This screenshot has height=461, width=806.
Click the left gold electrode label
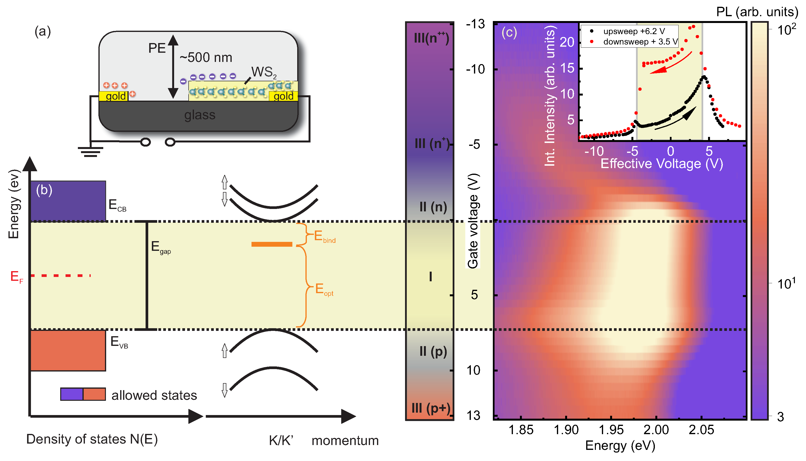click(x=116, y=96)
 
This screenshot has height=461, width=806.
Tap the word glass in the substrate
click(x=200, y=115)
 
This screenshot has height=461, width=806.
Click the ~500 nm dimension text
click(x=206, y=58)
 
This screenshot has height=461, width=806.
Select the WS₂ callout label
click(x=264, y=72)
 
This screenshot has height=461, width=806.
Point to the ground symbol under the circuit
click(x=91, y=152)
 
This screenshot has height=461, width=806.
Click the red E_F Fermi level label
click(x=16, y=277)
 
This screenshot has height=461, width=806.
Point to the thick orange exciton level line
click(x=272, y=244)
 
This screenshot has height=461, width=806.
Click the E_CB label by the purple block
click(x=117, y=205)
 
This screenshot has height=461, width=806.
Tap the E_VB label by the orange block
click(x=119, y=342)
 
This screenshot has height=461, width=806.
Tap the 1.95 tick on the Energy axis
click(x=611, y=430)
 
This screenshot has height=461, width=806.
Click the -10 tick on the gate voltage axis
click(x=475, y=69)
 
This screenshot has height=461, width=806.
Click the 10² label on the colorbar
click(x=786, y=30)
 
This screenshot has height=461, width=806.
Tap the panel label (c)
click(x=509, y=33)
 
